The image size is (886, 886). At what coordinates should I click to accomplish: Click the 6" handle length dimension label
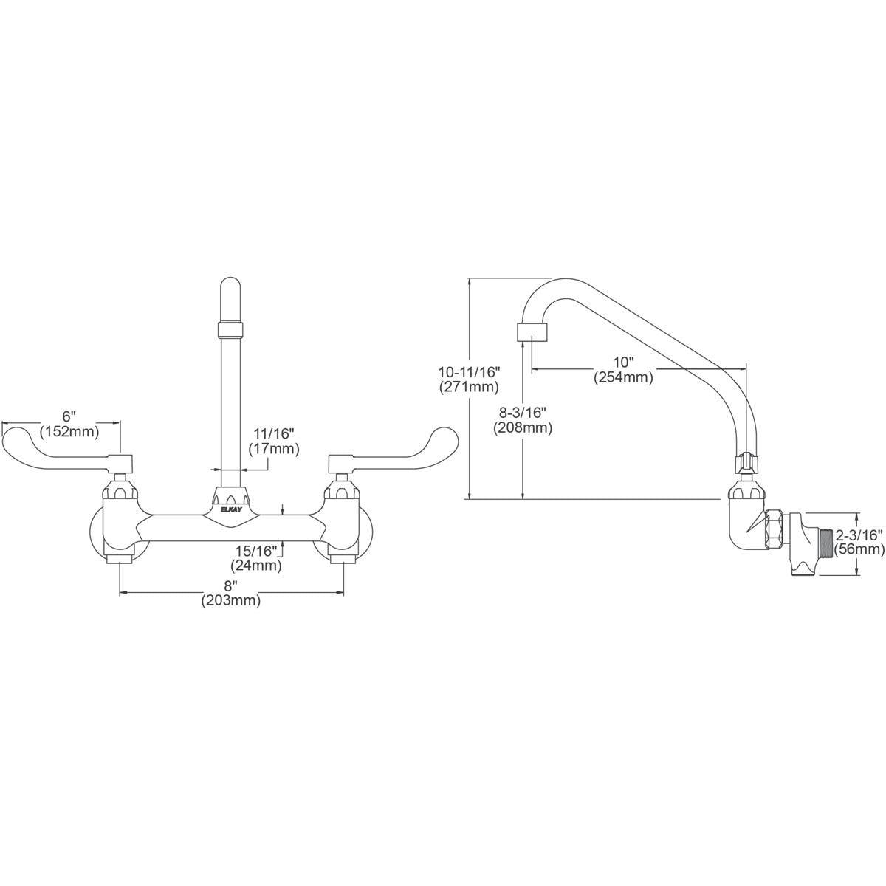coord(69,417)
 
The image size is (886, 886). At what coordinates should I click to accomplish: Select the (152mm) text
coord(70,432)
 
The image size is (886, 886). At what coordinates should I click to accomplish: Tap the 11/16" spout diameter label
coord(274,433)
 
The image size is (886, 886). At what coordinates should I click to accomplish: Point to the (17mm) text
coord(274,448)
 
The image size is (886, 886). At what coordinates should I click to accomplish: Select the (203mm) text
coord(231,601)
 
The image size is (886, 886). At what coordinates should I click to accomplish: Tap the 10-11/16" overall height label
coord(469,371)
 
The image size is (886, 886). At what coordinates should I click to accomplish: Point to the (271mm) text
coord(469,387)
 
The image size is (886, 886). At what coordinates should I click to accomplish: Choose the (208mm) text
coord(523,427)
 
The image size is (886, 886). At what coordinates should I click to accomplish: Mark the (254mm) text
coord(623,377)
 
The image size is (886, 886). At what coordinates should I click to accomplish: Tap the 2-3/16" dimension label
coord(859,535)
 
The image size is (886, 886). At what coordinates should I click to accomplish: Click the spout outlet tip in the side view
coord(532,332)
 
